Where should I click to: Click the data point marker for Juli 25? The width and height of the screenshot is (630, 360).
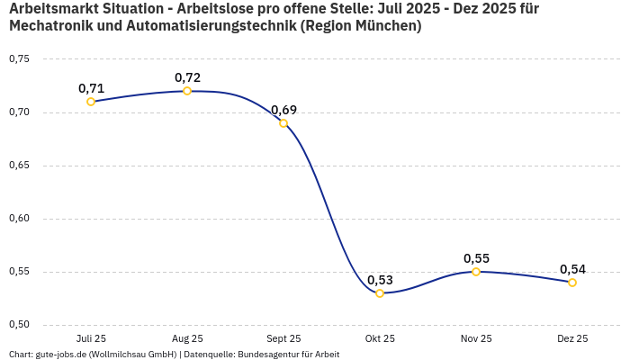point(91,102)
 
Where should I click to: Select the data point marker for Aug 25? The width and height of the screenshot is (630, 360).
point(187,91)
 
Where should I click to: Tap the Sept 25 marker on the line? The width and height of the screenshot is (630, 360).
point(283,123)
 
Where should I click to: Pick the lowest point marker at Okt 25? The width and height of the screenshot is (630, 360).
point(380,293)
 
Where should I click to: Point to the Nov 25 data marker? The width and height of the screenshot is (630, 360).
point(476,272)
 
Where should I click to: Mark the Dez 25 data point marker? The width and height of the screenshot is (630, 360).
point(572,283)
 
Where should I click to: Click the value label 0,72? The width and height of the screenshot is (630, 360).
point(187,77)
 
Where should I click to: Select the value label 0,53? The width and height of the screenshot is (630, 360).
point(380,280)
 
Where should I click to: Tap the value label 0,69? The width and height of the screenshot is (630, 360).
point(283,110)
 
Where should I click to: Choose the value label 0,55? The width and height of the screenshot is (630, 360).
point(476,258)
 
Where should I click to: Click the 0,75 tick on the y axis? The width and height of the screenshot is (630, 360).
point(19,59)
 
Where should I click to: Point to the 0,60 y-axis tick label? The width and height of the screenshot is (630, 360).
point(19,219)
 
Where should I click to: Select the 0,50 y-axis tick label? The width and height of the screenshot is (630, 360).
point(19,325)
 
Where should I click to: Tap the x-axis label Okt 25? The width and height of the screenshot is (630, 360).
point(380,339)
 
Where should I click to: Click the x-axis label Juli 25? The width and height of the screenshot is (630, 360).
point(91,339)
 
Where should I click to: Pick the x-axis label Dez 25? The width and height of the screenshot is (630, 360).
point(572,339)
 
